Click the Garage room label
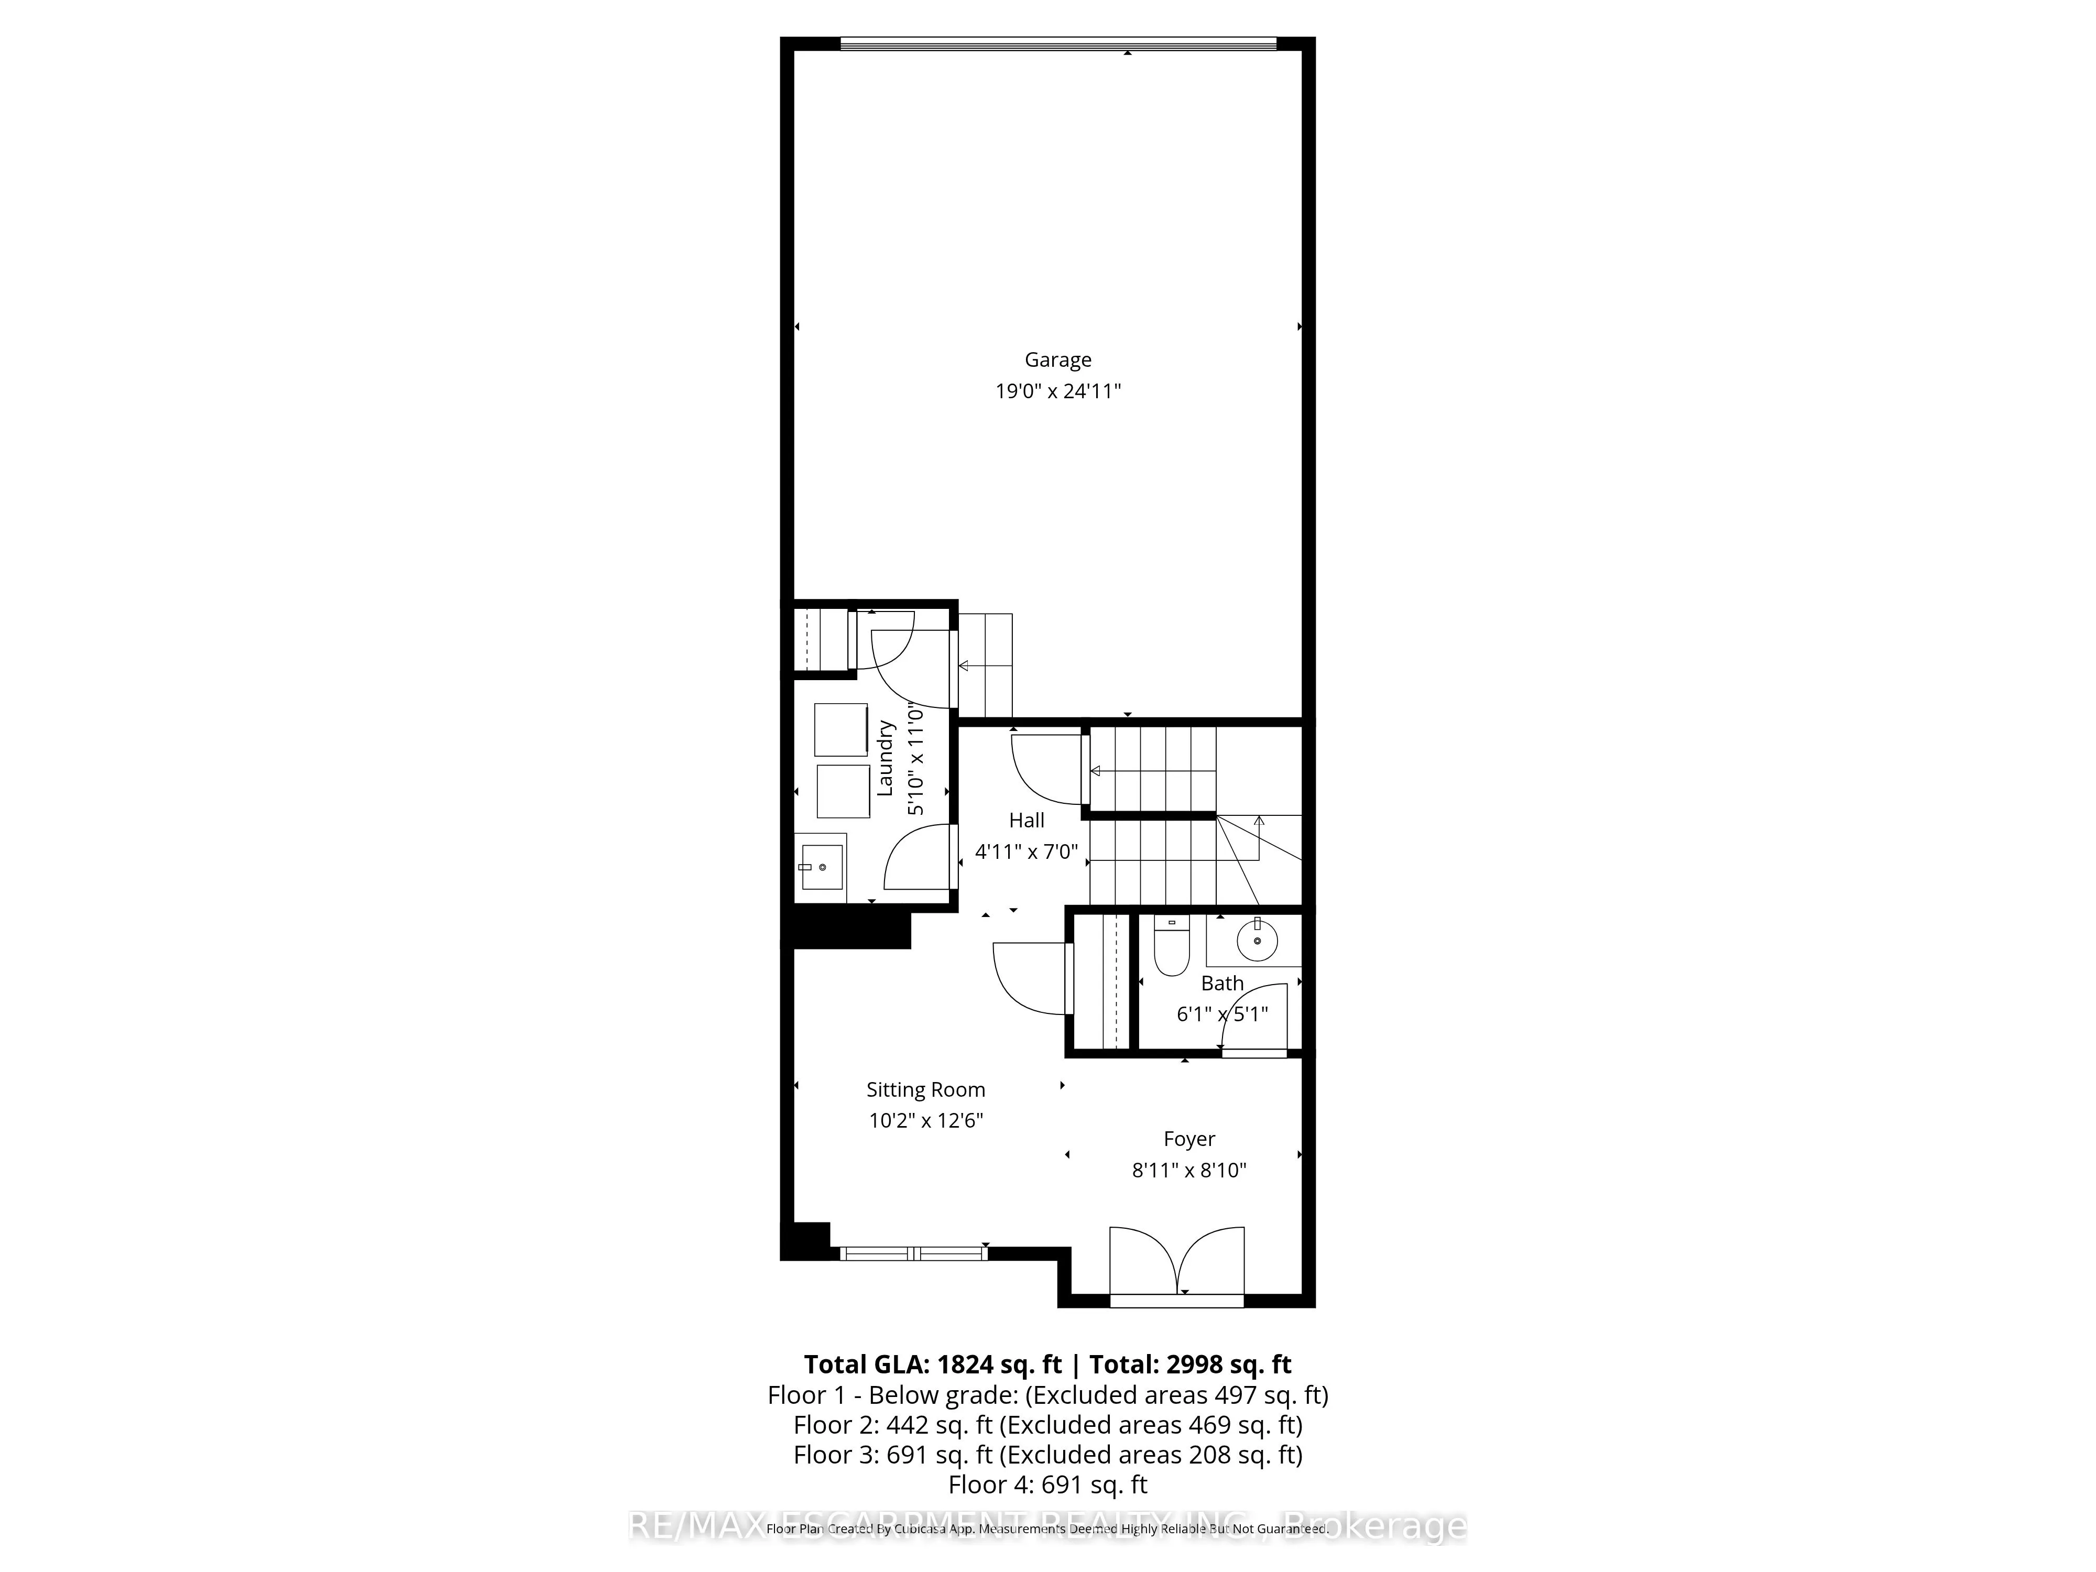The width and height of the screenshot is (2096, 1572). (1057, 360)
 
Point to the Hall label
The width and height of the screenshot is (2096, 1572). (1026, 821)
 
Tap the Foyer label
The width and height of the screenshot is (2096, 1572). (1189, 1139)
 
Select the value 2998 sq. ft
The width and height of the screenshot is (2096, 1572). (1229, 1364)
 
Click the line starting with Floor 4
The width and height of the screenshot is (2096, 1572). (1048, 1484)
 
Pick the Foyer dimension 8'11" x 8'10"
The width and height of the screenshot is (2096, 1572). (1189, 1170)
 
